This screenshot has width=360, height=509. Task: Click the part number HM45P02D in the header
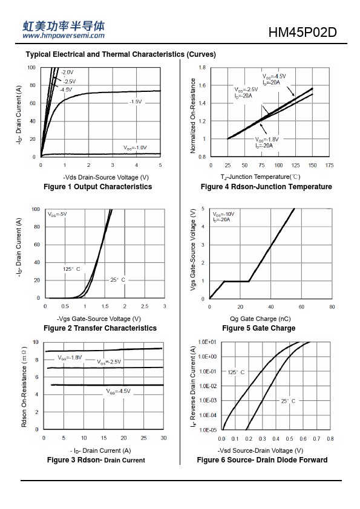(302, 32)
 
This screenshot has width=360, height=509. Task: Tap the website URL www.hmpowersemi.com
(64, 36)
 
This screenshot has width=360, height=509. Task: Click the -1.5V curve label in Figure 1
(136, 102)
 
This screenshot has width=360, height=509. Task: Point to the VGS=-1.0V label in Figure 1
(135, 148)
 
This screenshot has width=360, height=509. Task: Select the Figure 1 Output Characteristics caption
(98, 187)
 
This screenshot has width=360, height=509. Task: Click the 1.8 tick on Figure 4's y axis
(202, 68)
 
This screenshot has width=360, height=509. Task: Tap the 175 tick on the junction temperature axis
(329, 165)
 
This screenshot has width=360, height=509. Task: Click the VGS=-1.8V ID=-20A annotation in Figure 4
(266, 143)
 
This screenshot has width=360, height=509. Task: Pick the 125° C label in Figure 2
(71, 269)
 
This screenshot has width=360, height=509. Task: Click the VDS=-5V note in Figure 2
(57, 214)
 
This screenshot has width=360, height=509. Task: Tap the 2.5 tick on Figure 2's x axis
(145, 306)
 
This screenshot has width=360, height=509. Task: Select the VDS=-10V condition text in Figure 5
(223, 214)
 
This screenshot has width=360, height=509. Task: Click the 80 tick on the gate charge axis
(332, 306)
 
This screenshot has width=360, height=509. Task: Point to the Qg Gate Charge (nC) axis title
(260, 319)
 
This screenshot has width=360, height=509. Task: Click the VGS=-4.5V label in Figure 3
(118, 391)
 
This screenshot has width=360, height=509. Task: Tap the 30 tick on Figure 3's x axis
(163, 438)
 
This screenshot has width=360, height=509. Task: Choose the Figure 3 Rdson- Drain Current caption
(96, 460)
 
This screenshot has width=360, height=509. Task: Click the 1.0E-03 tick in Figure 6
(208, 401)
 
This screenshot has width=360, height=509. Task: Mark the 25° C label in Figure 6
(288, 401)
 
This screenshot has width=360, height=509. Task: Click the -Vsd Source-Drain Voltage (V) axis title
(260, 450)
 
